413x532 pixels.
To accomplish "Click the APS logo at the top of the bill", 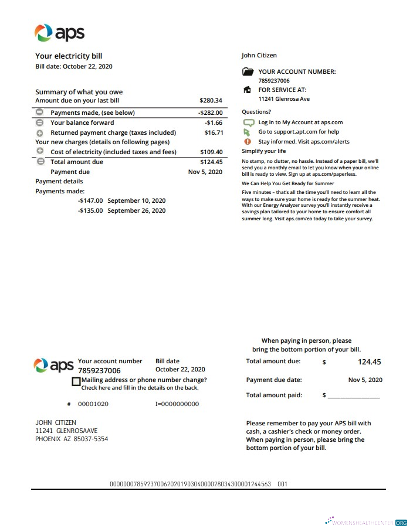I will [60, 33].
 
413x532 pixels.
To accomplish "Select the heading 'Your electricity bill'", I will [69, 56].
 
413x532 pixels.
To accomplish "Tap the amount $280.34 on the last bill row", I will [211, 101].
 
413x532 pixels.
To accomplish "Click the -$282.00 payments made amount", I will [210, 112].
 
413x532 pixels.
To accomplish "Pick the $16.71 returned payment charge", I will [213, 133].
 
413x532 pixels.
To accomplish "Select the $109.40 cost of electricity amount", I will [211, 152].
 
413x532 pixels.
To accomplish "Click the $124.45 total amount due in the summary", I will [211, 162].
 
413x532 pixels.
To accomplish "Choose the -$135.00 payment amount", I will [90, 210].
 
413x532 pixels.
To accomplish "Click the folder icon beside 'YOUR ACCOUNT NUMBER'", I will [248, 72].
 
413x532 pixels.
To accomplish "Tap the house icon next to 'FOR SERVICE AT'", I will [247, 90].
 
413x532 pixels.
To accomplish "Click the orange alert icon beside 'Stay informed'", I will [247, 142].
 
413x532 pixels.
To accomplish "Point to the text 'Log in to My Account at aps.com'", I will [300, 122].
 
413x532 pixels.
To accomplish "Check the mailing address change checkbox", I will [76, 381].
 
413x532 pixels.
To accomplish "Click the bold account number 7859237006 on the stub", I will [99, 371].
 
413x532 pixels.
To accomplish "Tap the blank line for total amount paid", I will [353, 396].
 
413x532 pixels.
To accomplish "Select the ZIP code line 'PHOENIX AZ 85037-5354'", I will [72, 439].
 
